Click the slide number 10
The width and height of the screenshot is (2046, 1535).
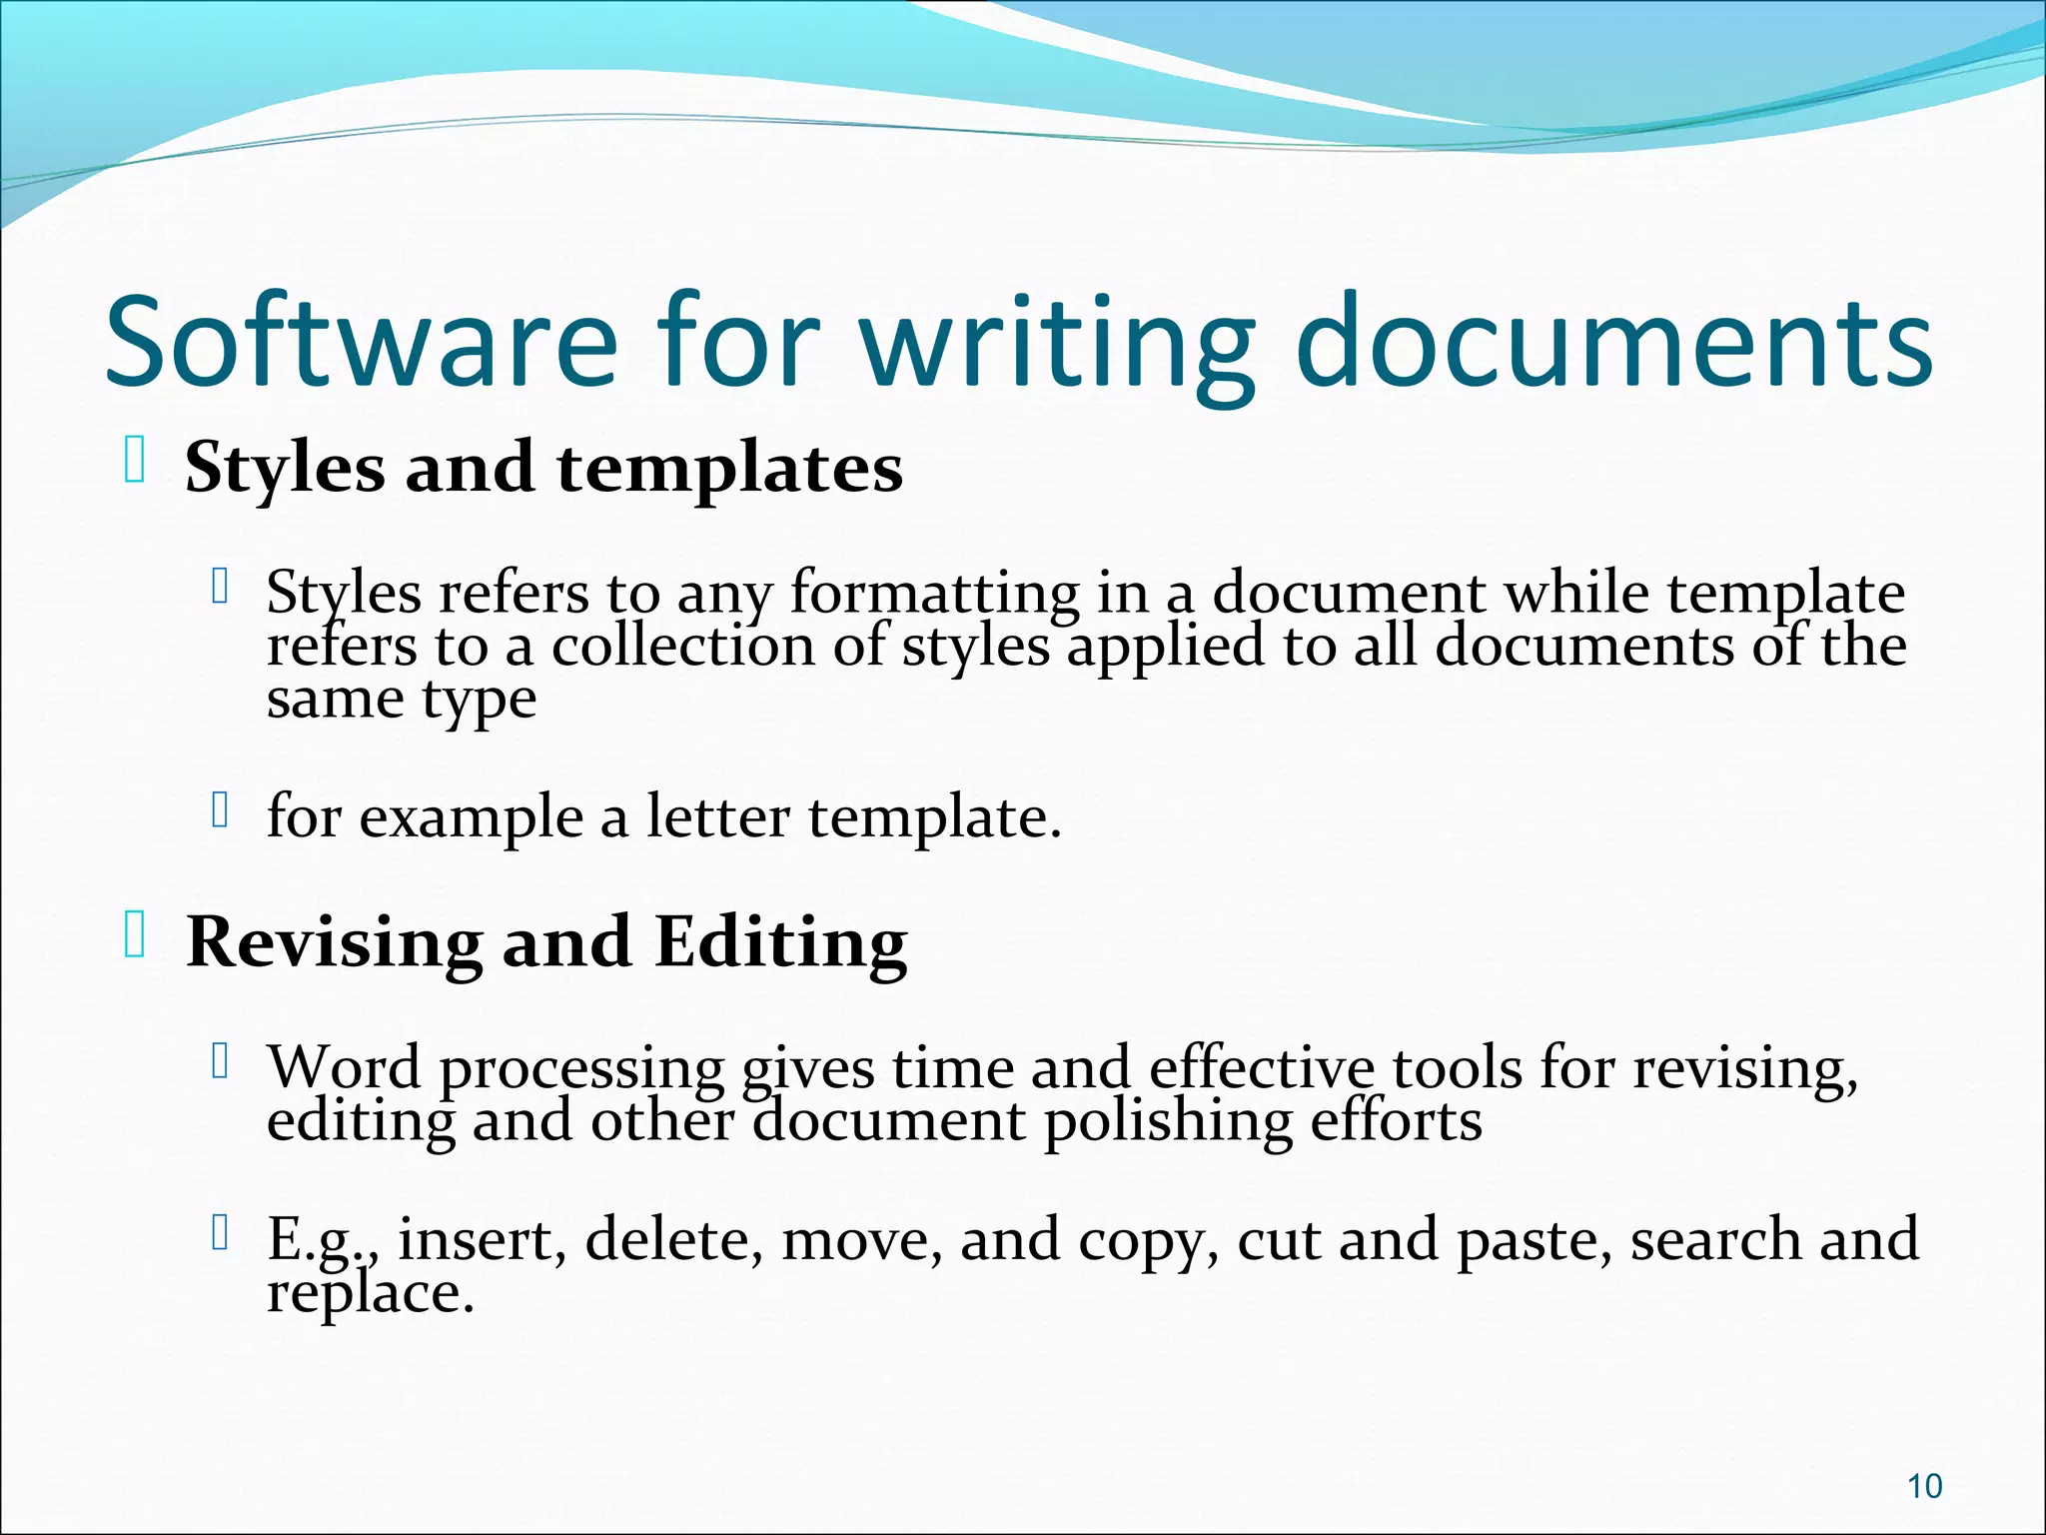[1924, 1486]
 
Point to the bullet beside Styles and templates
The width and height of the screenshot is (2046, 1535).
[136, 463]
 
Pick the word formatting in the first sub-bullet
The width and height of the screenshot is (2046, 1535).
[935, 593]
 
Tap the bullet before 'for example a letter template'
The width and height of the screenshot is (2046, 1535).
[221, 810]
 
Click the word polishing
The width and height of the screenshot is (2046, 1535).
[1168, 1121]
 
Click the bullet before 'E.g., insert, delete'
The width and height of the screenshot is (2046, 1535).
[221, 1235]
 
